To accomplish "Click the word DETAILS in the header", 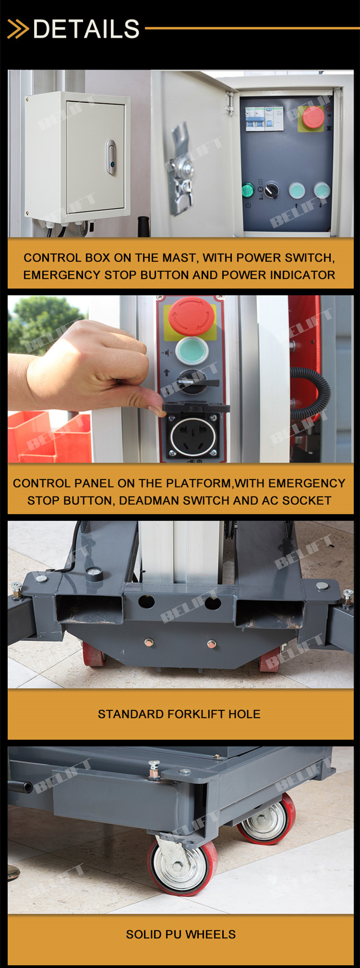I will [x=86, y=29].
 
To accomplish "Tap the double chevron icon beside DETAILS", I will [x=18, y=29].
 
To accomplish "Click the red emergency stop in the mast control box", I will [x=312, y=118].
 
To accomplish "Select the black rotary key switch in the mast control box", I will [x=271, y=190].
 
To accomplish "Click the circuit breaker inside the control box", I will [x=264, y=119].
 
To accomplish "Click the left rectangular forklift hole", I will [x=90, y=609].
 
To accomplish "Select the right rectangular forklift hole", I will [x=269, y=613].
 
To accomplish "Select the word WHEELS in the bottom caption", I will [x=211, y=934].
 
